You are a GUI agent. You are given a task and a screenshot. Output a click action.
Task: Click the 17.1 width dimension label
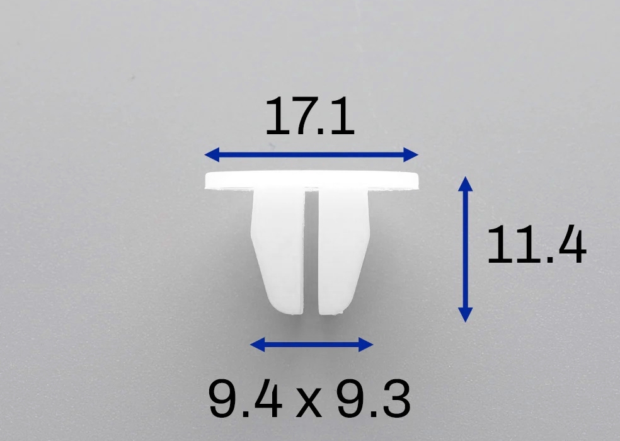click(309, 116)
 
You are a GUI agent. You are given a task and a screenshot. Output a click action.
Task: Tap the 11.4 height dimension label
click(536, 245)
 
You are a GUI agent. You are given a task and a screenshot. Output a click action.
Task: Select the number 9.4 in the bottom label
click(245, 398)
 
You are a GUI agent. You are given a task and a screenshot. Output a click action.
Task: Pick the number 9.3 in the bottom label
click(374, 398)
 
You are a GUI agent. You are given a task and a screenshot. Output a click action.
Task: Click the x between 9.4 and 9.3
click(309, 403)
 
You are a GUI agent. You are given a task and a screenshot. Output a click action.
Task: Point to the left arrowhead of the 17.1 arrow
click(212, 154)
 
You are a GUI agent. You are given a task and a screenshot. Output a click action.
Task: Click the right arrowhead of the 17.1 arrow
click(411, 154)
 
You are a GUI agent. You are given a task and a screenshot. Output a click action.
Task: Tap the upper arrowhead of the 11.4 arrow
click(466, 184)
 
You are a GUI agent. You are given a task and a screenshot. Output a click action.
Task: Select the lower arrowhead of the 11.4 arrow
click(466, 315)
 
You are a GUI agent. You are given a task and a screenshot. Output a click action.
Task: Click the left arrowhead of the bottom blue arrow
click(258, 345)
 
